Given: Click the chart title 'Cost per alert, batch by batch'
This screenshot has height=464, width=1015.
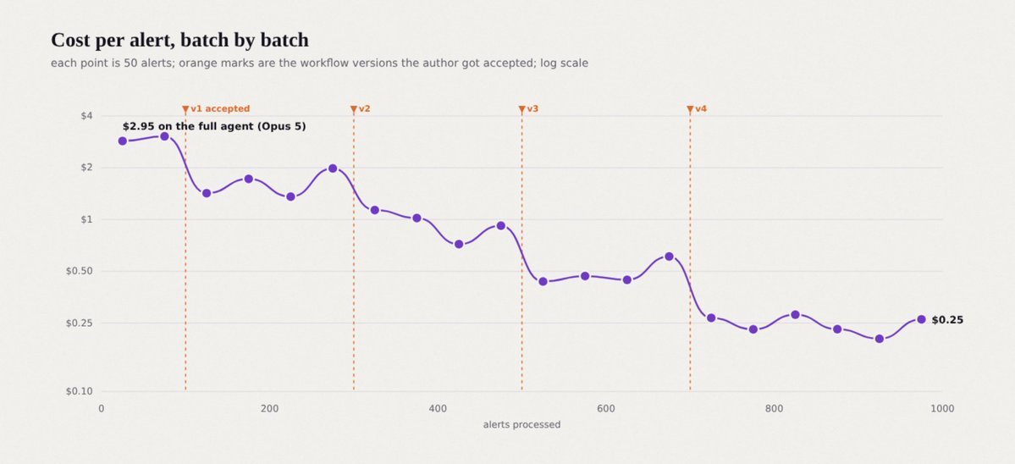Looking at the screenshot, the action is (x=180, y=40).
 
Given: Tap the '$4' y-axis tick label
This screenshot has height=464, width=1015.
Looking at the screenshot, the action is (x=86, y=116).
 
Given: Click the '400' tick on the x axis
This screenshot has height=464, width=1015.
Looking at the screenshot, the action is (x=438, y=408).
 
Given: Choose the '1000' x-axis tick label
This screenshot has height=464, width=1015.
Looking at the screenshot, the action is (x=942, y=408).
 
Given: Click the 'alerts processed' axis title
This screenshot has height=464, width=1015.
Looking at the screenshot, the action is (x=521, y=424).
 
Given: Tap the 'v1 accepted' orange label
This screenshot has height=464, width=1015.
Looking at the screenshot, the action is (x=220, y=108).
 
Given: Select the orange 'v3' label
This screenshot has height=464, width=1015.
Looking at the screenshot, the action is (x=532, y=108).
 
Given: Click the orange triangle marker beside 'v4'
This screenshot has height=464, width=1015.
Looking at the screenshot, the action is (x=690, y=109).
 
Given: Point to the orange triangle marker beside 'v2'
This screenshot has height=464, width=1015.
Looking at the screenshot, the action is (x=354, y=109).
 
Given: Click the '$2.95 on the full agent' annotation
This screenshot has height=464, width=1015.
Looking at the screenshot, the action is (x=214, y=126).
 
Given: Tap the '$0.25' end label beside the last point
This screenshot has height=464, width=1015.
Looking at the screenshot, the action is (x=947, y=320).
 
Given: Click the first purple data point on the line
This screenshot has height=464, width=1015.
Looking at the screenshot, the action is (x=123, y=141).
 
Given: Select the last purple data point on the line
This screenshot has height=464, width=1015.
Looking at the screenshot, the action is (x=921, y=319).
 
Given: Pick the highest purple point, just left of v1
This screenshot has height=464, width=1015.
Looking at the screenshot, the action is (x=164, y=136).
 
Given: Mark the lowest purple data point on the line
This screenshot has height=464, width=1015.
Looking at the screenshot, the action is (x=879, y=339).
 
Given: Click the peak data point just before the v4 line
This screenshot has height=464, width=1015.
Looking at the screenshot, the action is (x=669, y=257).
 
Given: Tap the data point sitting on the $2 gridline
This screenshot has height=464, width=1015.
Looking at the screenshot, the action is (x=333, y=168).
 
